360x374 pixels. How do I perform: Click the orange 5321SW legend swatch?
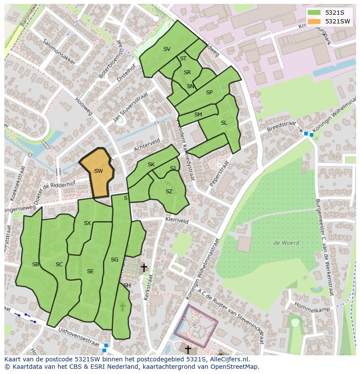(315, 21)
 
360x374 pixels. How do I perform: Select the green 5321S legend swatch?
(315, 13)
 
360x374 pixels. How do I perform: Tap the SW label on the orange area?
(99, 171)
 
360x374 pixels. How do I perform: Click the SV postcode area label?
(167, 49)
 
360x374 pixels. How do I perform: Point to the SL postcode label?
(224, 123)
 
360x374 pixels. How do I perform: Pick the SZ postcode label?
(169, 192)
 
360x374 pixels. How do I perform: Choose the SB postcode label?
(36, 265)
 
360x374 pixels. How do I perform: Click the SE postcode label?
(90, 271)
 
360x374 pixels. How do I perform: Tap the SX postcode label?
(87, 223)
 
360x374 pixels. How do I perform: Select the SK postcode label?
(151, 165)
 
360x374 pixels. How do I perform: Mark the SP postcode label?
(209, 93)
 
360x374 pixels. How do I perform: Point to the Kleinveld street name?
(177, 221)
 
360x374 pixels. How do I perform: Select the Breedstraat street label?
(281, 126)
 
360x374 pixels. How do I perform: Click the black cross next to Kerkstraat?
(143, 268)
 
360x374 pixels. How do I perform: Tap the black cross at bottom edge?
(188, 349)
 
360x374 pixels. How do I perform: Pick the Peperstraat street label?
(219, 174)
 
